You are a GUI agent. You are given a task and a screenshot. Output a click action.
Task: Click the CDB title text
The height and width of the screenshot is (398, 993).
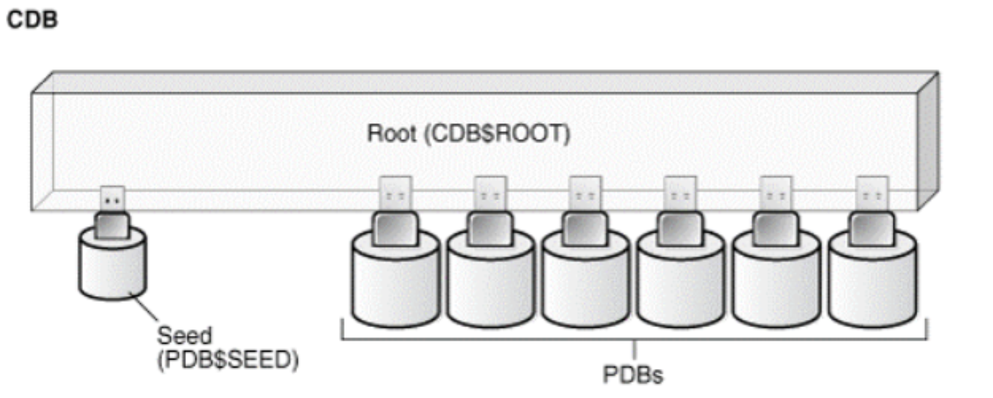coord(32,20)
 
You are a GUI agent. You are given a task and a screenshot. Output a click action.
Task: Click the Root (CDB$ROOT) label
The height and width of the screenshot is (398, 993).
coord(468,133)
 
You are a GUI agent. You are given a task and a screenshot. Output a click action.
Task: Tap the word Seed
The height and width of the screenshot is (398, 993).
coord(185,335)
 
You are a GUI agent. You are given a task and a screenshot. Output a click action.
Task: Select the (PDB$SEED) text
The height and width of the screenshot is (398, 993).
coord(228,360)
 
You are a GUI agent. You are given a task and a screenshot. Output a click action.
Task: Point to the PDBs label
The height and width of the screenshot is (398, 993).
coord(632,375)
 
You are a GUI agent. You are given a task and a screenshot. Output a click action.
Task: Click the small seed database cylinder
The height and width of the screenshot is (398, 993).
coord(113,270)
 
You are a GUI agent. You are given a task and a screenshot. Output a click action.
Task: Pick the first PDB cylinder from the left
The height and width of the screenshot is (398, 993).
coord(396,285)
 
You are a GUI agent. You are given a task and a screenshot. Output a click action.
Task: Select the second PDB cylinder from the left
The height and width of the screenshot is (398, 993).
coord(490,285)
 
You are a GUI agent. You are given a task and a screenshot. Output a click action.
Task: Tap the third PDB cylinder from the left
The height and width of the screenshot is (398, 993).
coord(585,285)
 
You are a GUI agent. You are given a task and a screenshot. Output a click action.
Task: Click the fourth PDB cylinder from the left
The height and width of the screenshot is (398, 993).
coord(681,285)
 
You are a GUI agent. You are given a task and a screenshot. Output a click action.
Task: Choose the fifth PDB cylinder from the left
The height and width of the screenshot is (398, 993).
coord(776,285)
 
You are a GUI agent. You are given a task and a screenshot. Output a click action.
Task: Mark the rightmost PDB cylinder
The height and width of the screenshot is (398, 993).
coord(872,285)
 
